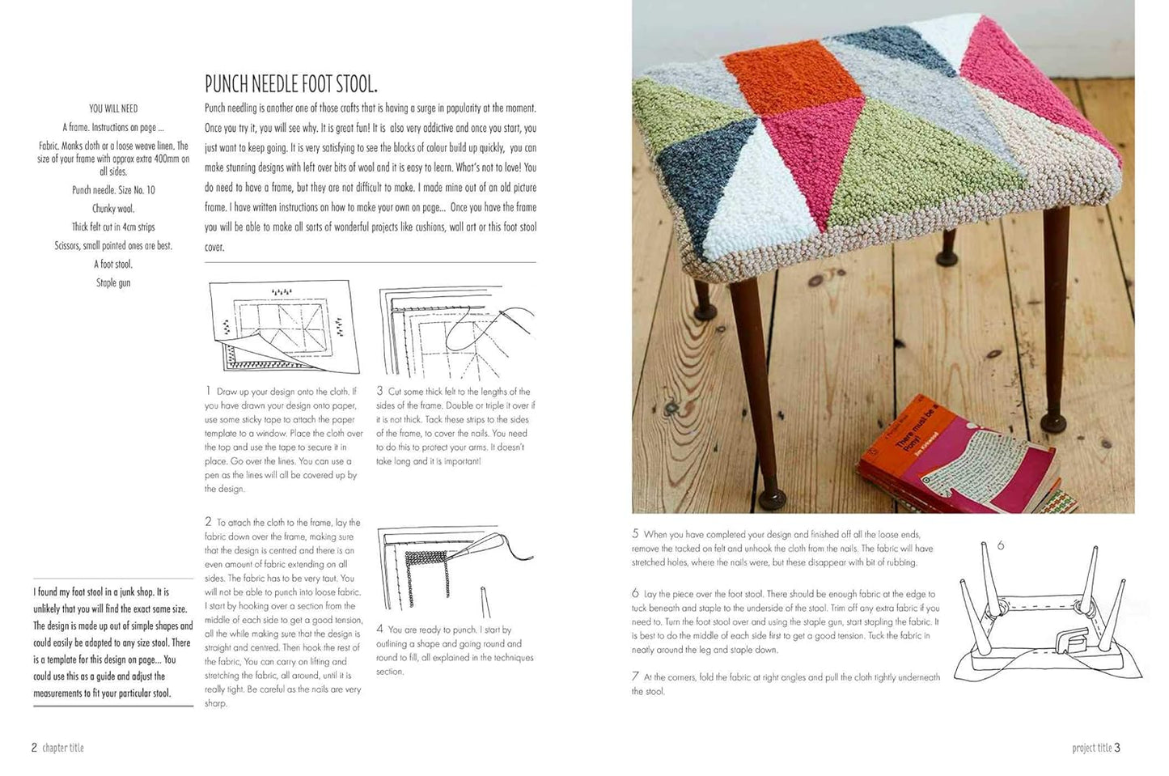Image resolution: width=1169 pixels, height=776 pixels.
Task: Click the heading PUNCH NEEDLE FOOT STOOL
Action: pos(290,84)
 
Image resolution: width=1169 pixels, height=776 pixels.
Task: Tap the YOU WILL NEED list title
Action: pos(113,108)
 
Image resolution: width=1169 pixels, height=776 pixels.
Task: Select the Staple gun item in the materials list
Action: pos(113,283)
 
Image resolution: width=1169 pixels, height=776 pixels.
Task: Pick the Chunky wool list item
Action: pos(113,209)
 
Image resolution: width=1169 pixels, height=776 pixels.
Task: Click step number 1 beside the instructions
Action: pos(208,391)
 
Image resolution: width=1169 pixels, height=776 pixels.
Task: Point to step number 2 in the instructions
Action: pos(208,522)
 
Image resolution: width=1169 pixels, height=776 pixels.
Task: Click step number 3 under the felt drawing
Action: pos(379,391)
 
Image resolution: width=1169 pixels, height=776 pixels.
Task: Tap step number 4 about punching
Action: pos(379,629)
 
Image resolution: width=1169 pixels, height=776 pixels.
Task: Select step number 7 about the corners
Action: pos(635,676)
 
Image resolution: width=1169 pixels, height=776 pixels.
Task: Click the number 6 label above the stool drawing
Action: pos(1000,546)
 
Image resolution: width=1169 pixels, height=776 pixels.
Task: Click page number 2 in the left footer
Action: pos(34,748)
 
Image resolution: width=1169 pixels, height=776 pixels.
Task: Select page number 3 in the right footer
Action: pos(1117,748)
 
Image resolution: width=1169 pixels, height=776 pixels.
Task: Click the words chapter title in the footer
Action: pos(63,748)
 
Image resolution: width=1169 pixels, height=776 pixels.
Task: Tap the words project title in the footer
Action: pos(1091,748)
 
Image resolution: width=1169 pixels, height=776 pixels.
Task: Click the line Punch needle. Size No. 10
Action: pos(113,190)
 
